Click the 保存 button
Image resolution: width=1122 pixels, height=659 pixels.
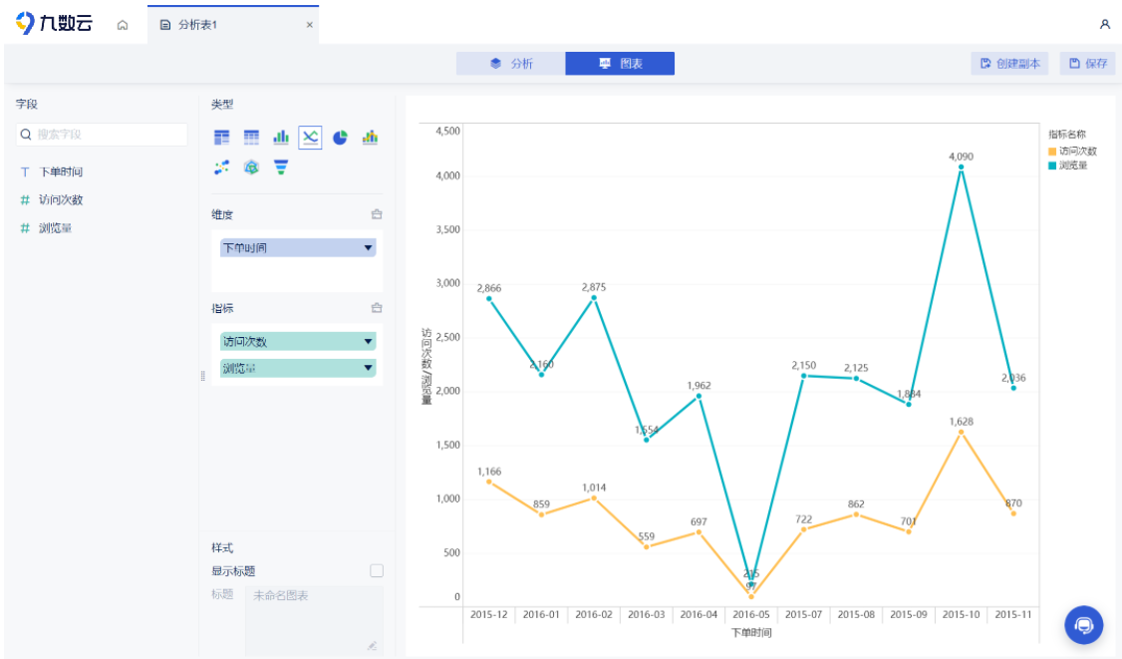pyautogui.click(x=1087, y=64)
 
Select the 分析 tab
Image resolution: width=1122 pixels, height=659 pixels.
pyautogui.click(x=510, y=64)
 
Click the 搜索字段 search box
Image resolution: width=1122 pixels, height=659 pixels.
pyautogui.click(x=102, y=135)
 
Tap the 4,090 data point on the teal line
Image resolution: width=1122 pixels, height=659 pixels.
pyautogui.click(x=961, y=167)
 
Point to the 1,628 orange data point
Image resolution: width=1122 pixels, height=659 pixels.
pyautogui.click(x=961, y=432)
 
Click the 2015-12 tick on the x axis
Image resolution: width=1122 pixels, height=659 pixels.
pyautogui.click(x=488, y=615)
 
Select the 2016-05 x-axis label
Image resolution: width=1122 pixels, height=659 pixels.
pyautogui.click(x=750, y=615)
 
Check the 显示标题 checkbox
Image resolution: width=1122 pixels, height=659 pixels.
pyautogui.click(x=377, y=571)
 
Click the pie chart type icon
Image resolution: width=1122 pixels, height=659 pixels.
pyautogui.click(x=340, y=138)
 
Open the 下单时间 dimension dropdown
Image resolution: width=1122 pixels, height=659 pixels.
pyautogui.click(x=368, y=247)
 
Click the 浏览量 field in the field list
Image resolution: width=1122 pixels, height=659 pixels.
pyautogui.click(x=55, y=228)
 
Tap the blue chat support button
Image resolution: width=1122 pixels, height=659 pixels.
pyautogui.click(x=1083, y=625)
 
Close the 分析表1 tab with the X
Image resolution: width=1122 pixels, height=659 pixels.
pyautogui.click(x=309, y=25)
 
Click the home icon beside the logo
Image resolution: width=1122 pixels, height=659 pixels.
pyautogui.click(x=123, y=25)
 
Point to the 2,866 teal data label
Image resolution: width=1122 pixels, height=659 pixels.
pyautogui.click(x=488, y=288)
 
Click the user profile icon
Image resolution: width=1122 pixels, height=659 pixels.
pyautogui.click(x=1104, y=24)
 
